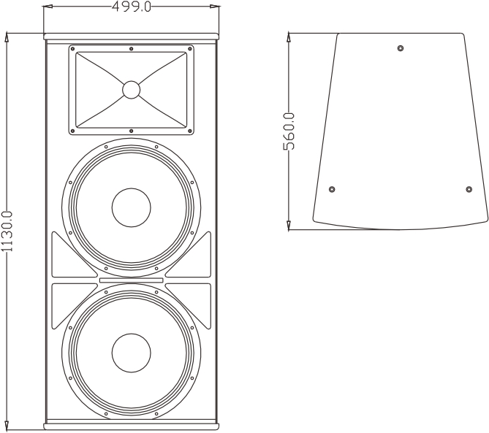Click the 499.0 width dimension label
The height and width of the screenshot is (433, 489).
click(132, 7)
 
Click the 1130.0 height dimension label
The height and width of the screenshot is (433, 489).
click(7, 231)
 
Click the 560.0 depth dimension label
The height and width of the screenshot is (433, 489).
click(289, 131)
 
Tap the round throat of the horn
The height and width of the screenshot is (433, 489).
click(132, 90)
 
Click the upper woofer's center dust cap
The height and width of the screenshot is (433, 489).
click(132, 207)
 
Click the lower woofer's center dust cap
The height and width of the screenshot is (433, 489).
click(132, 353)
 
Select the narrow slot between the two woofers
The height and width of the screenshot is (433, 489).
click(132, 280)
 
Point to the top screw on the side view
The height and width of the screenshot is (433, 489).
click(401, 48)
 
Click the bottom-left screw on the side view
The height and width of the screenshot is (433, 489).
click(332, 189)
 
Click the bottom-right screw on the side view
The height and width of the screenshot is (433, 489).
click(469, 189)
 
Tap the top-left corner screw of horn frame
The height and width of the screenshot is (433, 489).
click(72, 49)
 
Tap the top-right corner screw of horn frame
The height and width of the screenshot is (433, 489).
click(189, 49)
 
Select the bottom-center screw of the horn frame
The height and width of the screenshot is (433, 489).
click(132, 131)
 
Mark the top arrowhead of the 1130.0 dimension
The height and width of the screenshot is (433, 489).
click(7, 37)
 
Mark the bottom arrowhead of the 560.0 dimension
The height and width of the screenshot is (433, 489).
click(289, 226)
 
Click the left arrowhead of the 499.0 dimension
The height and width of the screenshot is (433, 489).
click(48, 7)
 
